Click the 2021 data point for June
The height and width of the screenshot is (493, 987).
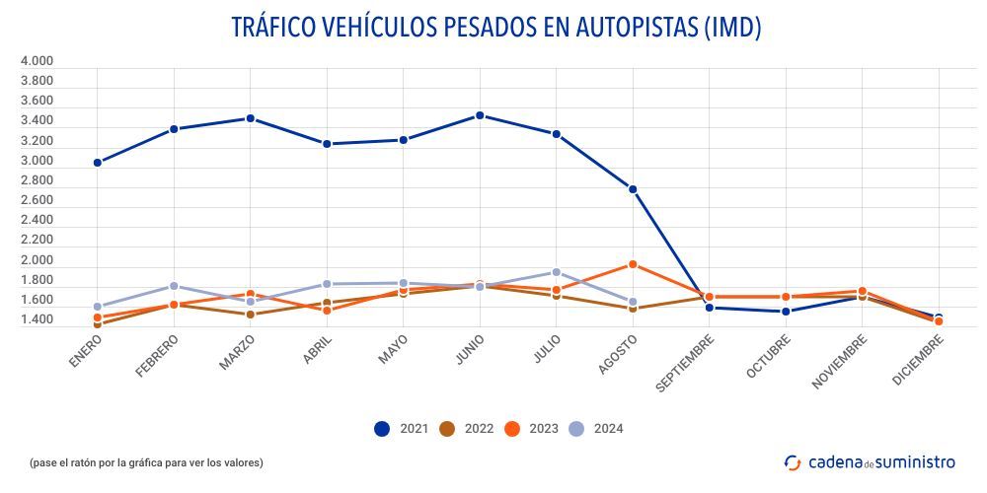480,115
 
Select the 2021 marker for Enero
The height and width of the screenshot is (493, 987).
98,163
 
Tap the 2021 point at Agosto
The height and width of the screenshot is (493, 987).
633,189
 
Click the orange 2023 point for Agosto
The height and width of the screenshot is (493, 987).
633,264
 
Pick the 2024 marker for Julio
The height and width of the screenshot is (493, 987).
556,272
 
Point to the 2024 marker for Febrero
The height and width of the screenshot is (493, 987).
174,286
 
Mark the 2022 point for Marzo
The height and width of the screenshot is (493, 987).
251,315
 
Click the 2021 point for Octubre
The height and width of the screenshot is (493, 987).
786,312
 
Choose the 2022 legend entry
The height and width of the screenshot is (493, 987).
467,428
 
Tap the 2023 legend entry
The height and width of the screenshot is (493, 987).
531,428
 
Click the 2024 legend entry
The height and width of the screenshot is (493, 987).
596,428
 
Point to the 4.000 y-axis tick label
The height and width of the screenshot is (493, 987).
37,61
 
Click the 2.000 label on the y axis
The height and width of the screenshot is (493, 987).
37,260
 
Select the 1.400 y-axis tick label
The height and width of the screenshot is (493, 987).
37,320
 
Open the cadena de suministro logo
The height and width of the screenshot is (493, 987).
870,461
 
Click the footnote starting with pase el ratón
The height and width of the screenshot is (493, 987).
146,462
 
